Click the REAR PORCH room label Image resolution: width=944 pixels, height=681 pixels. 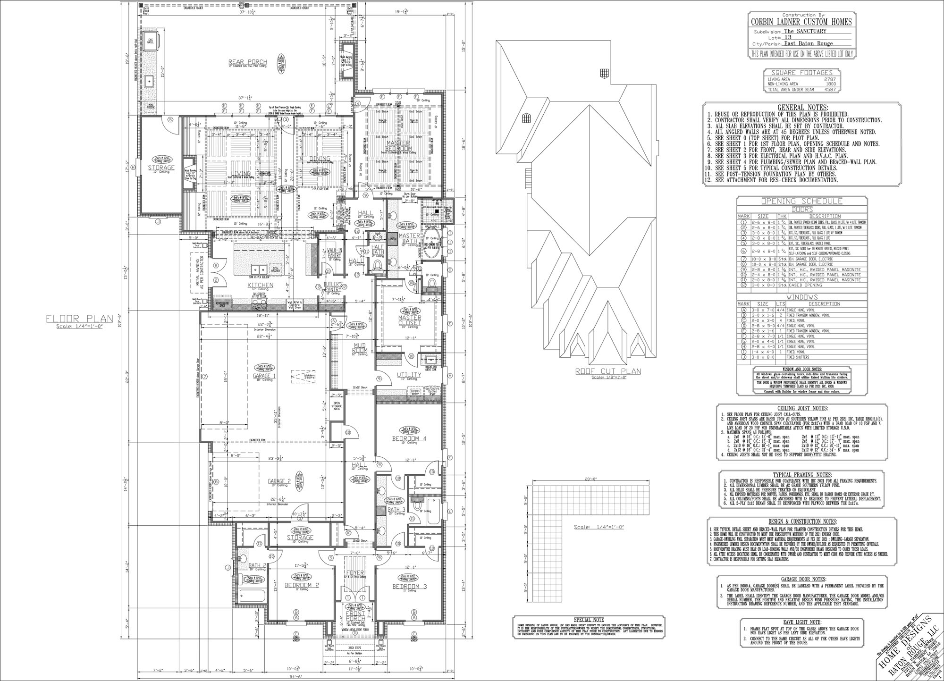(x=248, y=62)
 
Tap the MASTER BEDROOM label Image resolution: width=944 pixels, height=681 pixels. (x=398, y=146)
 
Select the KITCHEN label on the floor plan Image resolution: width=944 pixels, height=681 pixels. (x=260, y=286)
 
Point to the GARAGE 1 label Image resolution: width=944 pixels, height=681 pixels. (x=262, y=376)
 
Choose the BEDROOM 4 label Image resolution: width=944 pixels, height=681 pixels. (x=409, y=438)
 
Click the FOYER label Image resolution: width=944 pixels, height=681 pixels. (x=355, y=573)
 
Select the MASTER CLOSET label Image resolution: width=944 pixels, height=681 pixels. (x=409, y=320)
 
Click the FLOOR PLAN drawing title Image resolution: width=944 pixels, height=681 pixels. (x=80, y=319)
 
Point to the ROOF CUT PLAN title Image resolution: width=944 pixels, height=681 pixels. (x=608, y=371)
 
